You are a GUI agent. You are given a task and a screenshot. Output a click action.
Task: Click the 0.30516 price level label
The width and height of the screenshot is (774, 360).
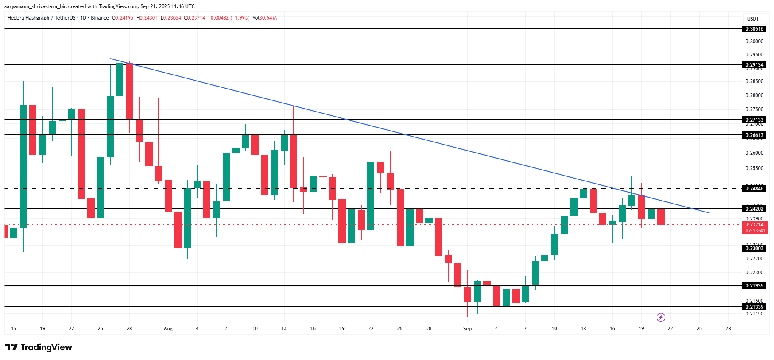[754, 29]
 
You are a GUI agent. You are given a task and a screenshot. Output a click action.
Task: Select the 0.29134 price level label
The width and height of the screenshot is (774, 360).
[754, 65]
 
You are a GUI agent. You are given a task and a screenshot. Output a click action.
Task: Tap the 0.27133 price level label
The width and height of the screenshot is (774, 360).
[754, 120]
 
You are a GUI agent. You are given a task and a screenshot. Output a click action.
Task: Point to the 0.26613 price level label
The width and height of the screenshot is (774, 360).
[754, 135]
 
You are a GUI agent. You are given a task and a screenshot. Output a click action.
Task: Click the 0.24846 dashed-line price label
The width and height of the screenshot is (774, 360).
[754, 189]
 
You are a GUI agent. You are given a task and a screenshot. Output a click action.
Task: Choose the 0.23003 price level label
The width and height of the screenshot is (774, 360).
[754, 248]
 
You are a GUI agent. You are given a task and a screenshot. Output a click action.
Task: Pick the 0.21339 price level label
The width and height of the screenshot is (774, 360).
[754, 307]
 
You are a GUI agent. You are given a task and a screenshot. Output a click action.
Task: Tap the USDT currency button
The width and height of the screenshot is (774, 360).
[753, 19]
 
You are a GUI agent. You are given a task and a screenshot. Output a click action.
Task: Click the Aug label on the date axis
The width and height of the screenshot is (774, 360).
[168, 329]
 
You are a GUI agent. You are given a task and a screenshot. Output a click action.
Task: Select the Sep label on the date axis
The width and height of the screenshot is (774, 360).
[467, 329]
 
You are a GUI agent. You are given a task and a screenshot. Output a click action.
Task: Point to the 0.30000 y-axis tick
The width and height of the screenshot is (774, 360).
[754, 42]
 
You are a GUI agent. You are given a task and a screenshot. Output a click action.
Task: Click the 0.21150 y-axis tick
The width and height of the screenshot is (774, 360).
[754, 314]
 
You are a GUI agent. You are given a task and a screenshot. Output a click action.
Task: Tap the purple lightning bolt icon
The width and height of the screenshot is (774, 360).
[661, 317]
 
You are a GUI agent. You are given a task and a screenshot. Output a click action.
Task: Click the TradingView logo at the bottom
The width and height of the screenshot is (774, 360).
[39, 347]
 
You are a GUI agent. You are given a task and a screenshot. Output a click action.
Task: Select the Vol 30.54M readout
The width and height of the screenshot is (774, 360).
[265, 18]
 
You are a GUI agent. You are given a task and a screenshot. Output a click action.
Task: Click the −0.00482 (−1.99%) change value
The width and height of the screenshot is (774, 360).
[229, 18]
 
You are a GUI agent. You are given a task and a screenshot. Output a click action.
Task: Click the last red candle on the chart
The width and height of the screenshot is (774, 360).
[661, 216]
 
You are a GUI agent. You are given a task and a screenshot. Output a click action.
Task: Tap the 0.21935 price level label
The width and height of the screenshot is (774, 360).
[754, 286]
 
